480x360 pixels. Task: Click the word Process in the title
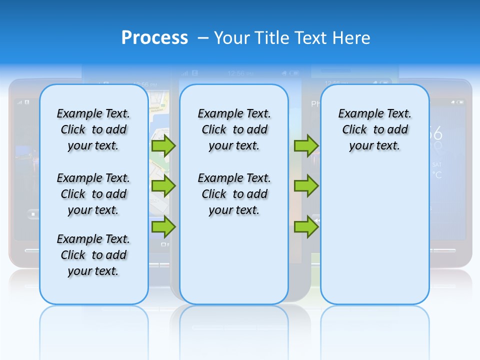(x=154, y=37)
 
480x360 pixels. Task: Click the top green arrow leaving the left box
(x=163, y=145)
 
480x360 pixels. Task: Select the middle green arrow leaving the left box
(x=163, y=186)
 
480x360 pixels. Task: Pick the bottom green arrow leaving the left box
(x=163, y=226)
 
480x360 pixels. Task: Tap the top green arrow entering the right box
(x=306, y=145)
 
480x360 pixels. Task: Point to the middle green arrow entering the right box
(x=306, y=186)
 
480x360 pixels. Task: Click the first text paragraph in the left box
(x=93, y=129)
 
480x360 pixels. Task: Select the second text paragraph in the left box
(x=93, y=194)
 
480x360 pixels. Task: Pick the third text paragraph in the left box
(x=93, y=255)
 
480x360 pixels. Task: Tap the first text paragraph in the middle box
(x=234, y=129)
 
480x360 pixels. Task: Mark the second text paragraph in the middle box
(x=234, y=194)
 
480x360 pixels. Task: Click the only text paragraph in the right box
(x=374, y=129)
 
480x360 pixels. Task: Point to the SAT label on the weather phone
(x=436, y=164)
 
